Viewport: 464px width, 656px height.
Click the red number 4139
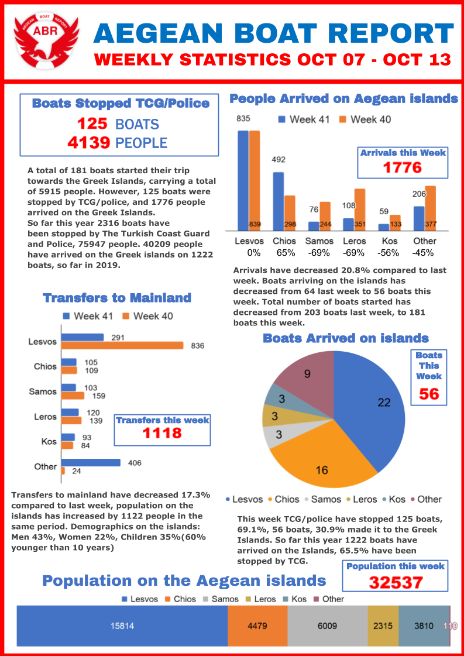tap(93, 143)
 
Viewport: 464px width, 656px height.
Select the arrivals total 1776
tap(402, 168)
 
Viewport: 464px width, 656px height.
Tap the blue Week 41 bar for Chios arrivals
tap(279, 201)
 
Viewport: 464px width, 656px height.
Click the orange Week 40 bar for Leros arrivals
tap(359, 209)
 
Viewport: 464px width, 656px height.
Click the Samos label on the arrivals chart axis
tap(320, 241)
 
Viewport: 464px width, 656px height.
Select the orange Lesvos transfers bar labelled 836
tap(122, 346)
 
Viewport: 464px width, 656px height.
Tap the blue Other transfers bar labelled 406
tap(91, 463)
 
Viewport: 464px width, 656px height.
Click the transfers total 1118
tap(162, 433)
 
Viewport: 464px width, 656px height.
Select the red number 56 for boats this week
tap(429, 394)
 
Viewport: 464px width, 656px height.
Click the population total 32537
tap(395, 583)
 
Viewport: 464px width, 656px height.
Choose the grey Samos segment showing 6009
tap(327, 626)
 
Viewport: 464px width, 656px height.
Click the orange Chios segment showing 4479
tap(257, 626)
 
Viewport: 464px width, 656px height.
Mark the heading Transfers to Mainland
tap(117, 298)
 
